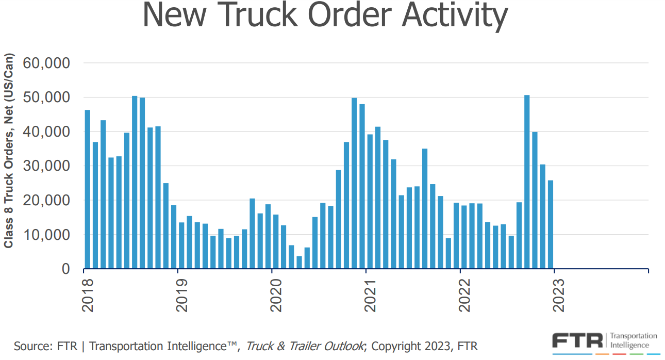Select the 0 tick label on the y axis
(66, 269)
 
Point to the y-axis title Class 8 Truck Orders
(9, 170)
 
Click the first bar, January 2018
(88, 189)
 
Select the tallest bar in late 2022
(527, 182)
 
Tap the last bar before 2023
(550, 224)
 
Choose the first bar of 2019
(181, 246)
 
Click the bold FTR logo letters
(578, 341)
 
